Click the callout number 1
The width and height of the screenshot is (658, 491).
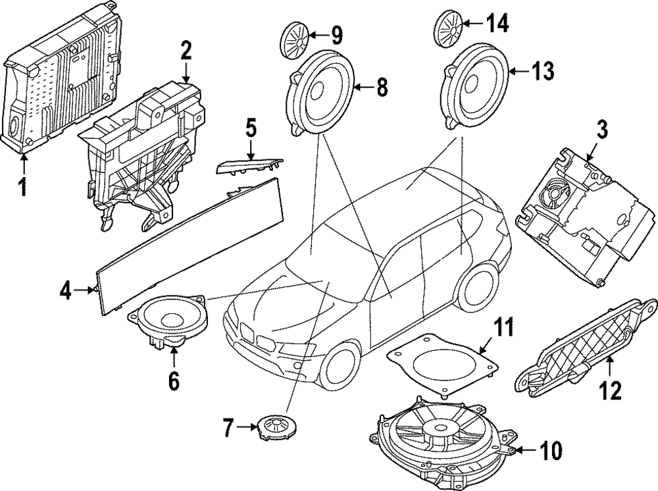pyautogui.click(x=23, y=186)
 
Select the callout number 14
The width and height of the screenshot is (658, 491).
pyautogui.click(x=497, y=24)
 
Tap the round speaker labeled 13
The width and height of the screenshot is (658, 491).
pyautogui.click(x=474, y=82)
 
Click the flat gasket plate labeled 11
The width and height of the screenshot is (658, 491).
pyautogui.click(x=440, y=362)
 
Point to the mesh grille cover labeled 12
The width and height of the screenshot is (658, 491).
pyautogui.click(x=589, y=346)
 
